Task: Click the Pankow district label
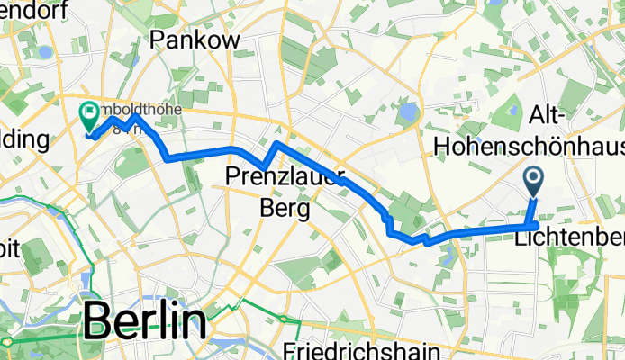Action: [x=195, y=40]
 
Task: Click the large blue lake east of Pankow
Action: [x=410, y=113]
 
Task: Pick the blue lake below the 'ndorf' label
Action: [x=45, y=52]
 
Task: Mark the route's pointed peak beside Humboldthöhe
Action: [x=135, y=116]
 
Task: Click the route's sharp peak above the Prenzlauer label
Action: [x=276, y=144]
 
